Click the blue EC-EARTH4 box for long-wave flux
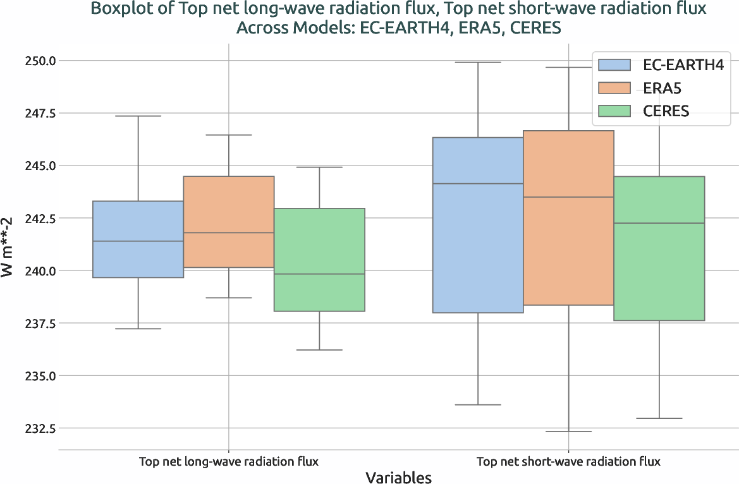[138, 239]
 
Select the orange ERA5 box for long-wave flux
[228, 221]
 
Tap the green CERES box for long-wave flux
[319, 260]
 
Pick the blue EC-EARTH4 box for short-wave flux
[477, 225]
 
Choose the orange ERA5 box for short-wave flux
[568, 218]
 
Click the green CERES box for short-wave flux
[659, 248]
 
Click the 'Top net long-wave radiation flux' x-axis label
[228, 461]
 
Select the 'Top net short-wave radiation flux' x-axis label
[568, 461]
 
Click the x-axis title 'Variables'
[398, 477]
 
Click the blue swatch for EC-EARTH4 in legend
[614, 64]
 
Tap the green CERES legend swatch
[614, 111]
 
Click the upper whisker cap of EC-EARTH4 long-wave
[138, 116]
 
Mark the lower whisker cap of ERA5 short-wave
[568, 432]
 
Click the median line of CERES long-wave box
[319, 274]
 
